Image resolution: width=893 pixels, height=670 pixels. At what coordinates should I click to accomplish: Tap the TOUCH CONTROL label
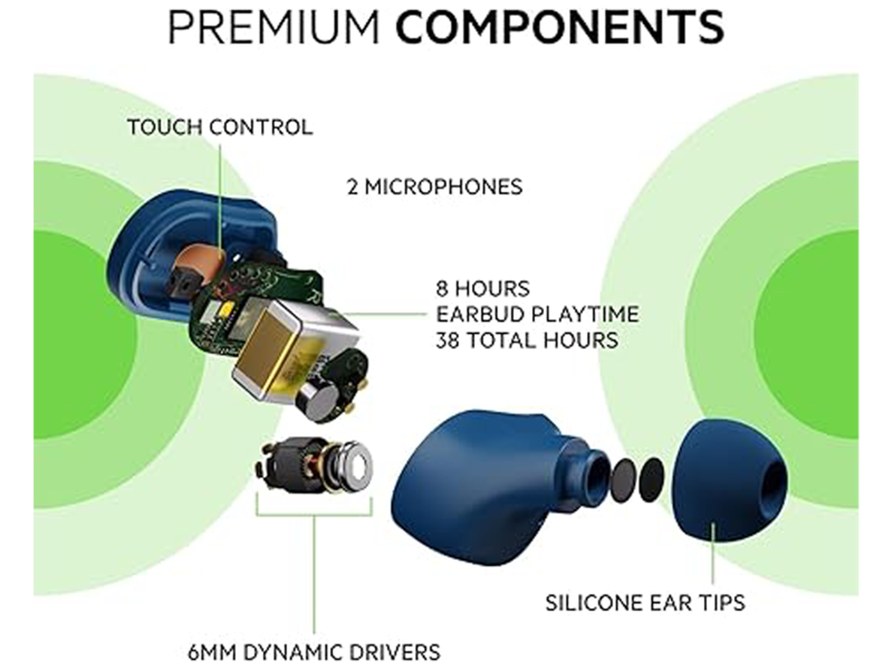(220, 127)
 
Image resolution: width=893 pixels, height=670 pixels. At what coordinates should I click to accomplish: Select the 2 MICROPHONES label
(434, 187)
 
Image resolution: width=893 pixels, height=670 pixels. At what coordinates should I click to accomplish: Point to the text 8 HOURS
(483, 289)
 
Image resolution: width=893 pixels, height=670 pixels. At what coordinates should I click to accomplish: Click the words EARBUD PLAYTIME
(537, 314)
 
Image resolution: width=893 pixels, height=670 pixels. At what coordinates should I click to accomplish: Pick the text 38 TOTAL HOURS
(527, 340)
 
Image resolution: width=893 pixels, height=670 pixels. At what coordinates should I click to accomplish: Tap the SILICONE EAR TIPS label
(645, 603)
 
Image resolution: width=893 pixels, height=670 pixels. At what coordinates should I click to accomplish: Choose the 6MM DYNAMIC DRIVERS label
(314, 652)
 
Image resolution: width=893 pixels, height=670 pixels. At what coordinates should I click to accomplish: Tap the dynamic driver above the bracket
(315, 466)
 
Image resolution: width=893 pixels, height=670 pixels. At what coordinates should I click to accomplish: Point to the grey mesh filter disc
(623, 481)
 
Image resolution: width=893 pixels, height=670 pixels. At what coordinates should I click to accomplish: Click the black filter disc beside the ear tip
(652, 480)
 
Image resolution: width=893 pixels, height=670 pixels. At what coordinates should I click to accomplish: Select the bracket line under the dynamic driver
(314, 516)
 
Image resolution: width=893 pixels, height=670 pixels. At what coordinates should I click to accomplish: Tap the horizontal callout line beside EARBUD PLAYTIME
(386, 314)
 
